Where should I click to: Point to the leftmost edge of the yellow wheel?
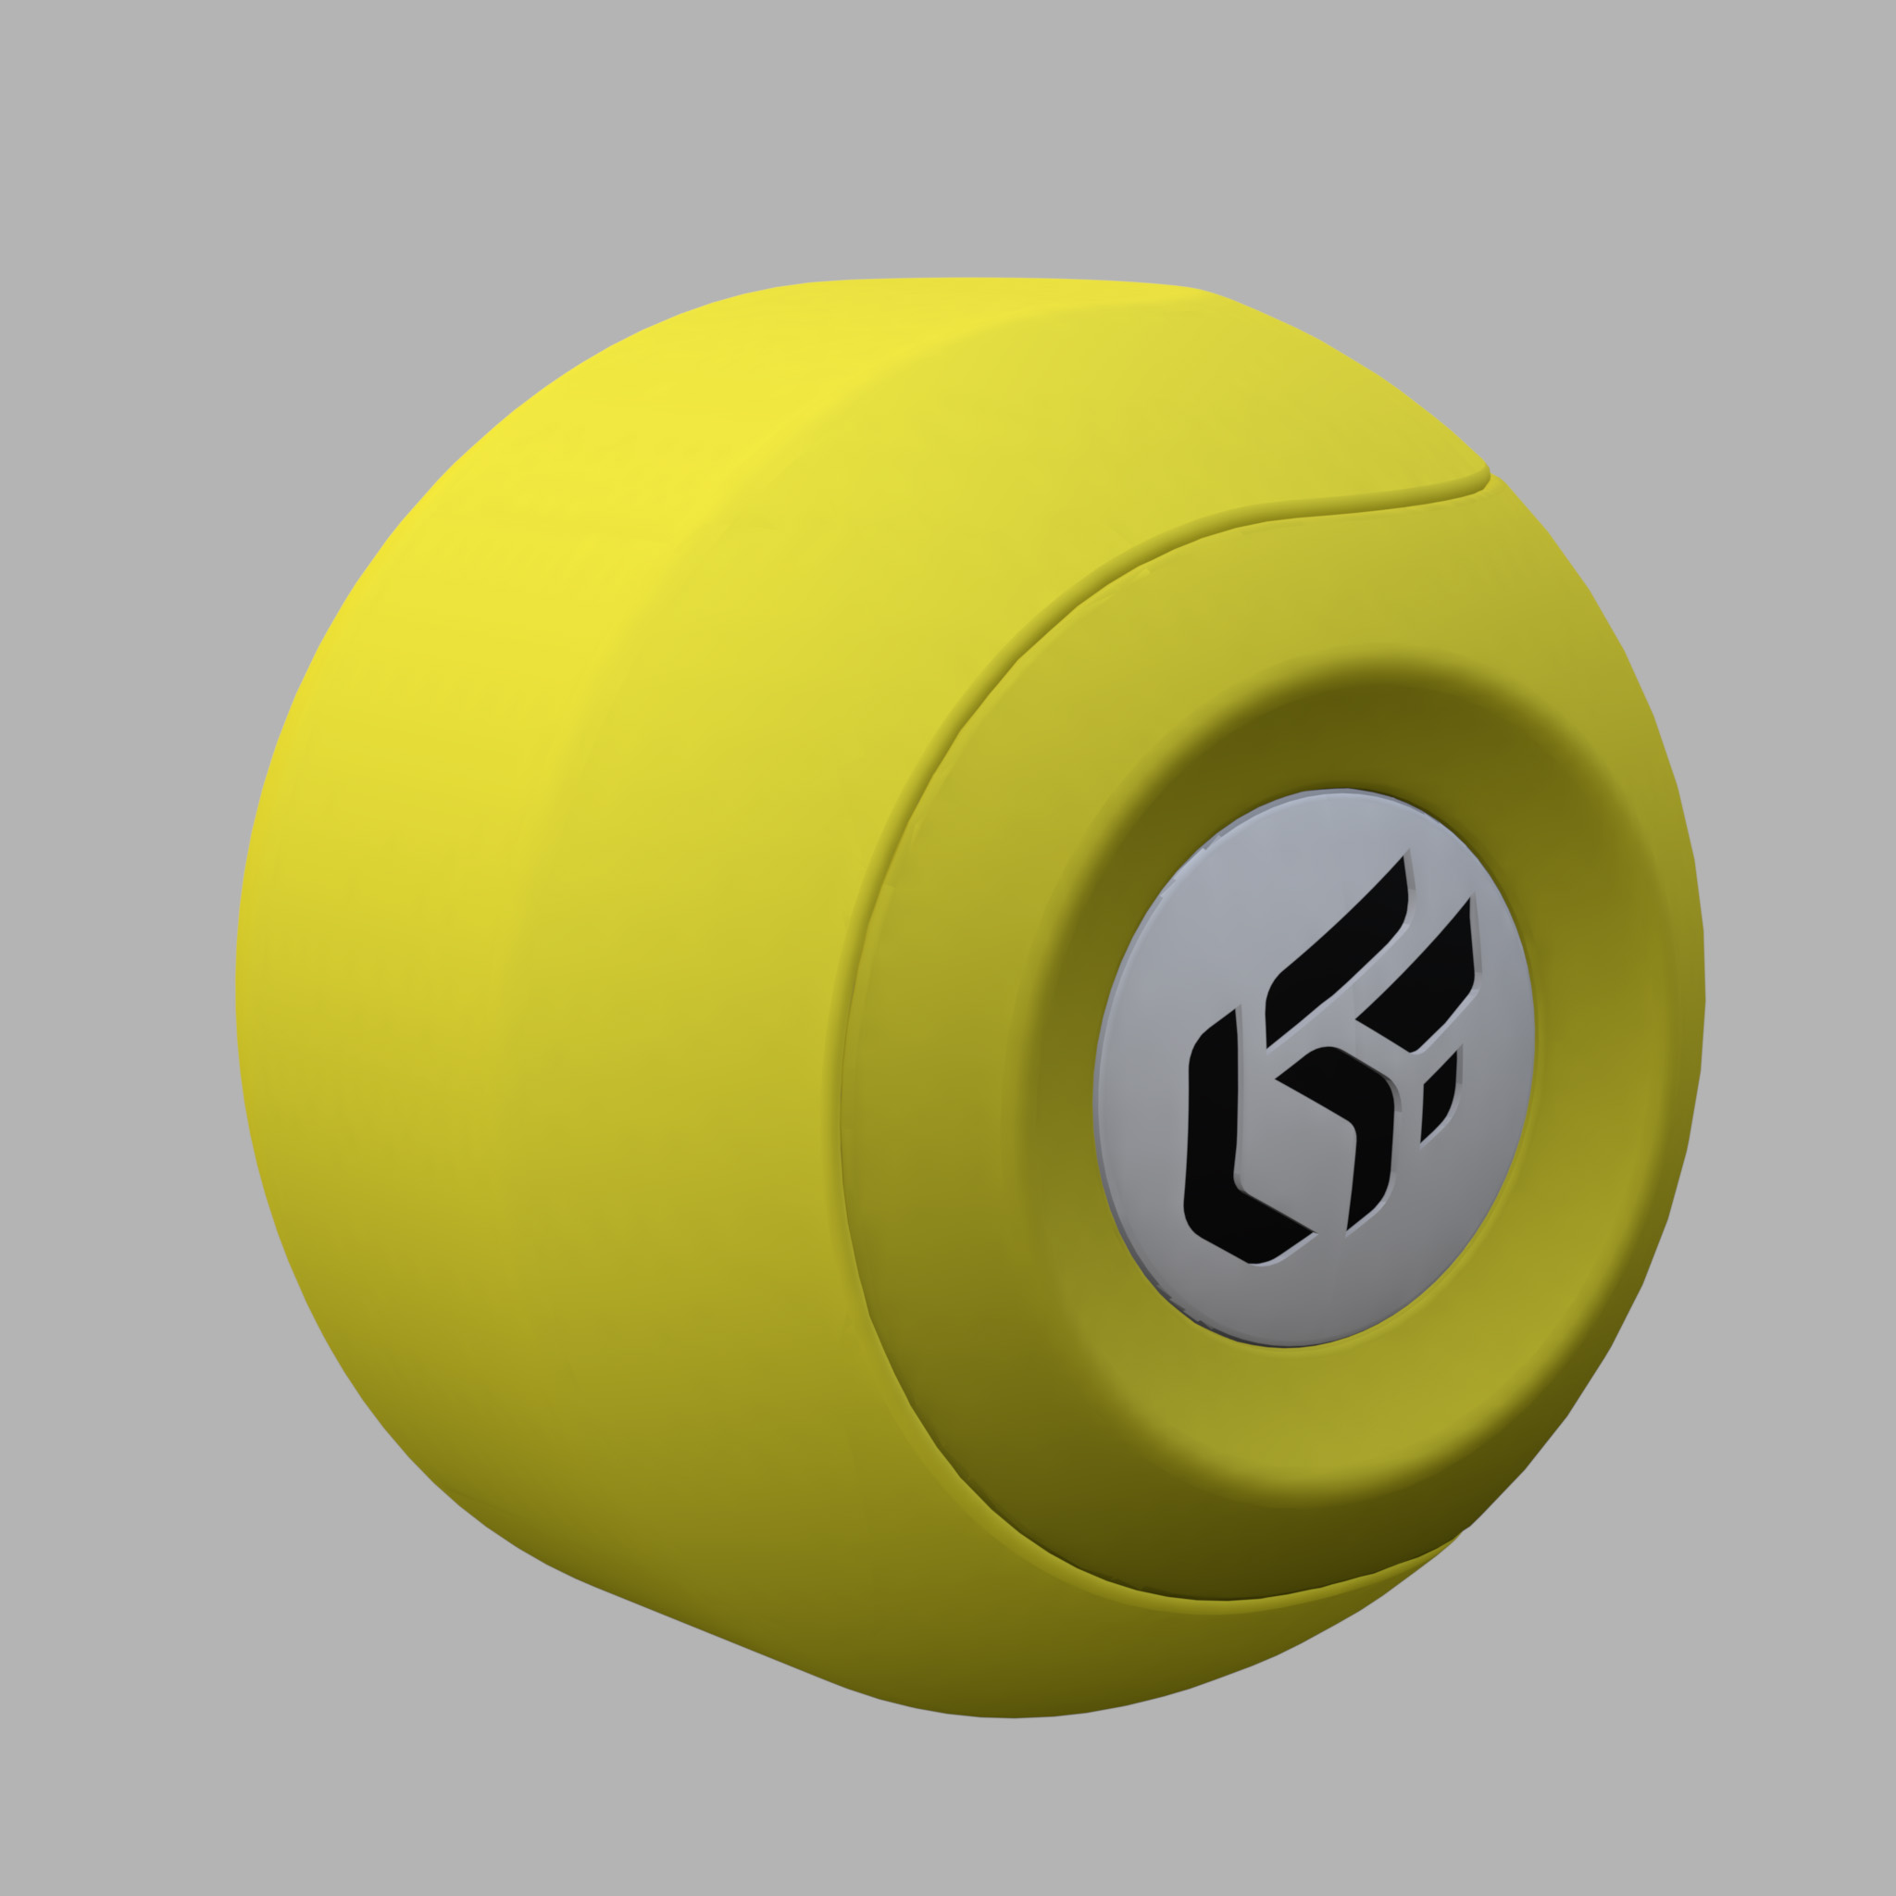[x=239, y=981]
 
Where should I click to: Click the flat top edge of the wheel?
[x=981, y=281]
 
